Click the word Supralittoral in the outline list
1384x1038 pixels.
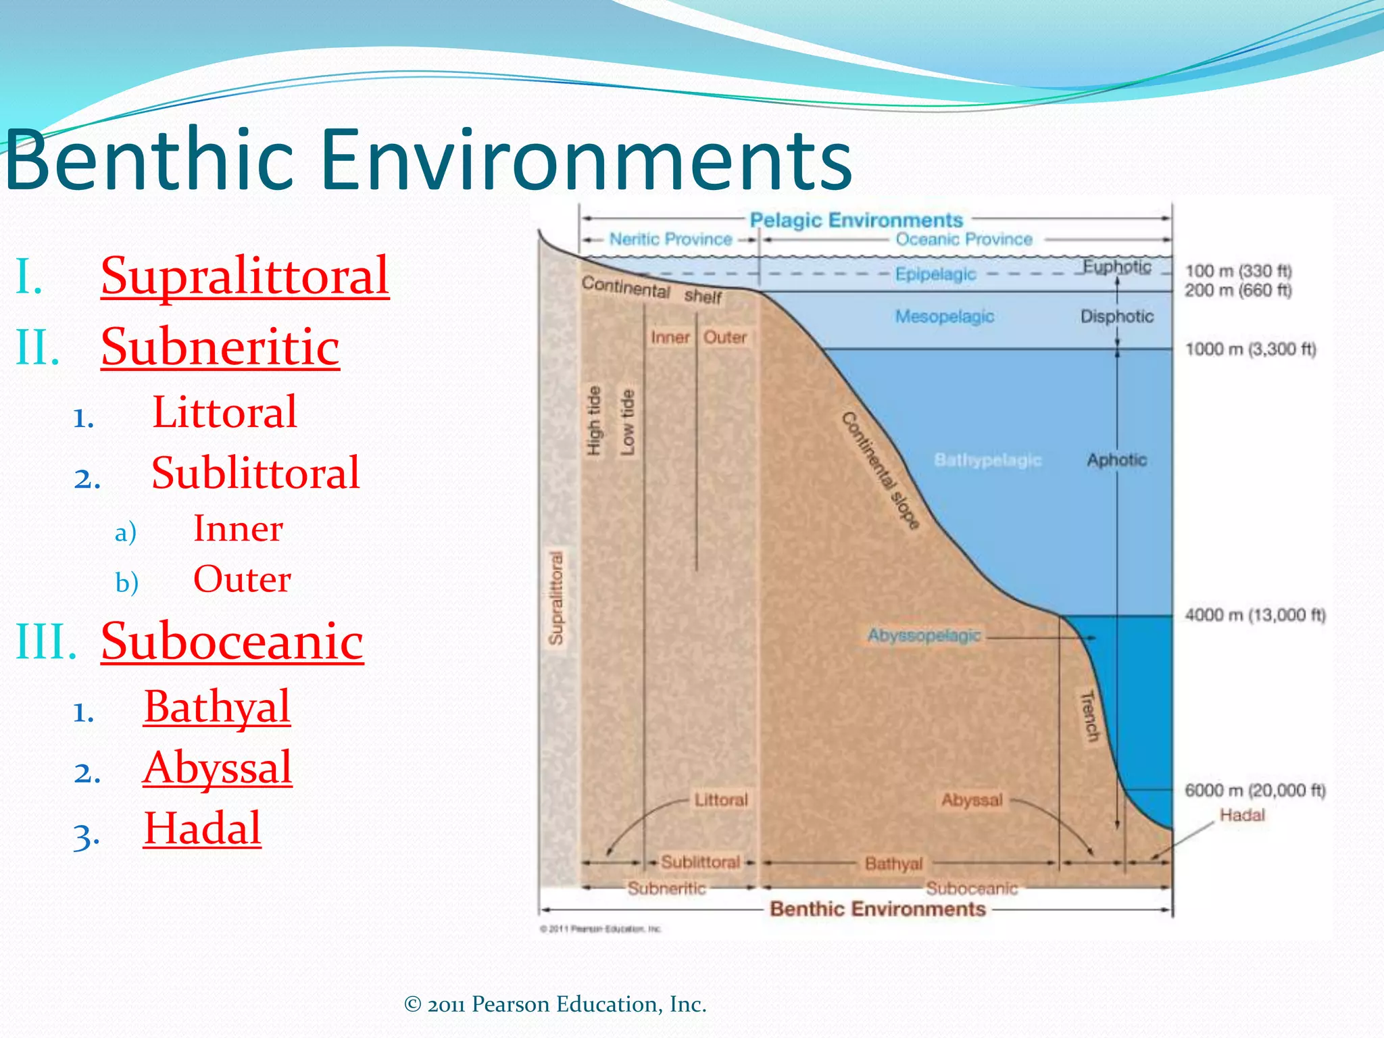point(245,276)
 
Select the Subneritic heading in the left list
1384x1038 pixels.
point(220,347)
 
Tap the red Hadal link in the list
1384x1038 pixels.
point(202,829)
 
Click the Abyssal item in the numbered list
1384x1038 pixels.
point(217,768)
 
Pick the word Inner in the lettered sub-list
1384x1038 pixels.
point(238,528)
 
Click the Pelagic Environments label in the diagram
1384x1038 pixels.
point(856,220)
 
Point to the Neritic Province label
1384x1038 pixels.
point(670,239)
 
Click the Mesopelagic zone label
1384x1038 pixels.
point(944,316)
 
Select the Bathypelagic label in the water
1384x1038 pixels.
point(987,460)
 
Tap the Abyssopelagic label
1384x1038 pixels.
point(924,636)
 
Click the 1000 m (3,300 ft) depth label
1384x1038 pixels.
point(1250,349)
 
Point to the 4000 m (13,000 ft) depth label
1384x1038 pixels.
point(1255,615)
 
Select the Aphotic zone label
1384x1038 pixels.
point(1116,460)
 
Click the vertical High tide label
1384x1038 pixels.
point(593,421)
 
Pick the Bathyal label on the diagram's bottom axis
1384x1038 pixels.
point(893,864)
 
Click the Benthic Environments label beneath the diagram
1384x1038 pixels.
point(877,909)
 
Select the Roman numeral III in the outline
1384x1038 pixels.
point(45,641)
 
